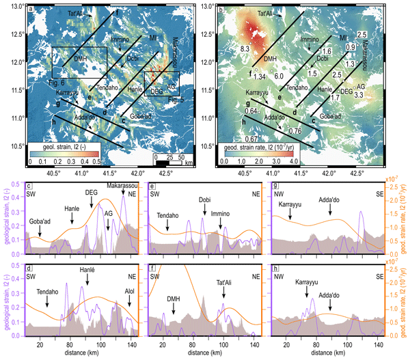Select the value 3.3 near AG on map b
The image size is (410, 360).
click(x=359, y=96)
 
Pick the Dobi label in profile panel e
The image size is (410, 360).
click(x=204, y=200)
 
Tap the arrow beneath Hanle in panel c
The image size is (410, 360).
click(x=72, y=220)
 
